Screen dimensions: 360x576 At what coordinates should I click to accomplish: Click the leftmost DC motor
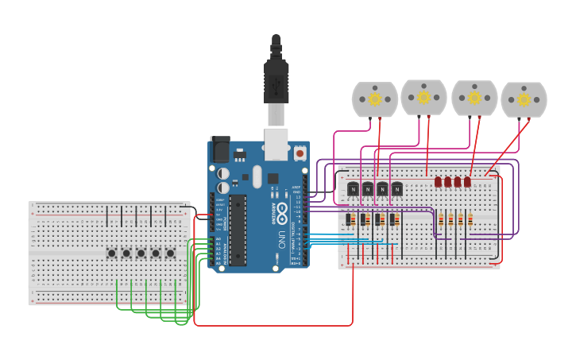pyautogui.click(x=375, y=99)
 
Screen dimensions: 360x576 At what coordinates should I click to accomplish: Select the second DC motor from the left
pyautogui.click(x=423, y=97)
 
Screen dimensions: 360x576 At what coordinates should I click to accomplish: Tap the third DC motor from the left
pyautogui.click(x=474, y=98)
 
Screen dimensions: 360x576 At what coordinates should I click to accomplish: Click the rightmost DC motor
pyautogui.click(x=524, y=99)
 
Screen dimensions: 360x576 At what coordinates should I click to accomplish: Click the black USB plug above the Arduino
pyautogui.click(x=276, y=75)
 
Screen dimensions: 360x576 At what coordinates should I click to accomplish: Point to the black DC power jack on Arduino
pyautogui.click(x=219, y=149)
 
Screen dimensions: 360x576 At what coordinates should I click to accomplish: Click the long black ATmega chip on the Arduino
pyautogui.click(x=238, y=230)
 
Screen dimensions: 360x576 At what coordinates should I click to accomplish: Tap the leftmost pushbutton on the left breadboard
pyautogui.click(x=112, y=254)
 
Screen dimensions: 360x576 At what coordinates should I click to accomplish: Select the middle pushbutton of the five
pyautogui.click(x=141, y=254)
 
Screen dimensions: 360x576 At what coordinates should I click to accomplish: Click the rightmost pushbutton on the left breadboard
pyautogui.click(x=170, y=254)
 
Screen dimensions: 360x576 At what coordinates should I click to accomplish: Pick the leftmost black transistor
pyautogui.click(x=353, y=189)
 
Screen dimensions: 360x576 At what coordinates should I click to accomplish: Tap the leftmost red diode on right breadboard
pyautogui.click(x=438, y=182)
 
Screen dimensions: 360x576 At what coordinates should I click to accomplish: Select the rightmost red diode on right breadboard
pyautogui.click(x=467, y=182)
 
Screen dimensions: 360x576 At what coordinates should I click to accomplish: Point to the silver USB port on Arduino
pyautogui.click(x=276, y=144)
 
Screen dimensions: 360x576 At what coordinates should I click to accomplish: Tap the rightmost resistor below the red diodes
pyautogui.click(x=470, y=219)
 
